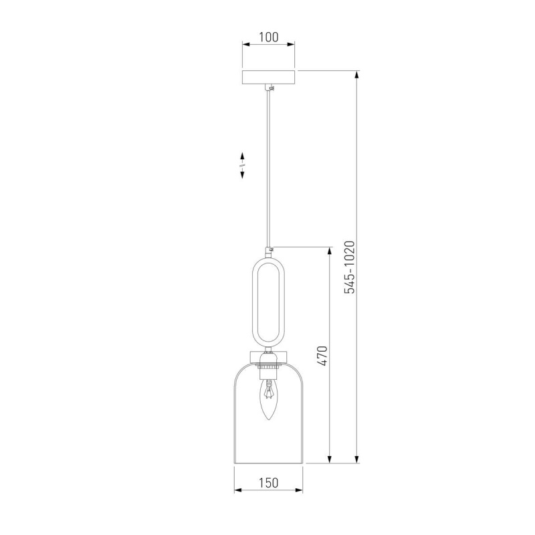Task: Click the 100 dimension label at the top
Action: pos(269,37)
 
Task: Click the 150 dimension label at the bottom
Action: pos(269,483)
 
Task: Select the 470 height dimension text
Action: pos(322,356)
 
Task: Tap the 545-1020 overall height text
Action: pos(349,267)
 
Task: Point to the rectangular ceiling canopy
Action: pos(269,77)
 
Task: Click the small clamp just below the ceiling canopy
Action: pos(271,88)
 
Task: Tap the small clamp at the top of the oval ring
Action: pos(271,249)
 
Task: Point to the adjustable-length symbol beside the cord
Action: pos(242,165)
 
